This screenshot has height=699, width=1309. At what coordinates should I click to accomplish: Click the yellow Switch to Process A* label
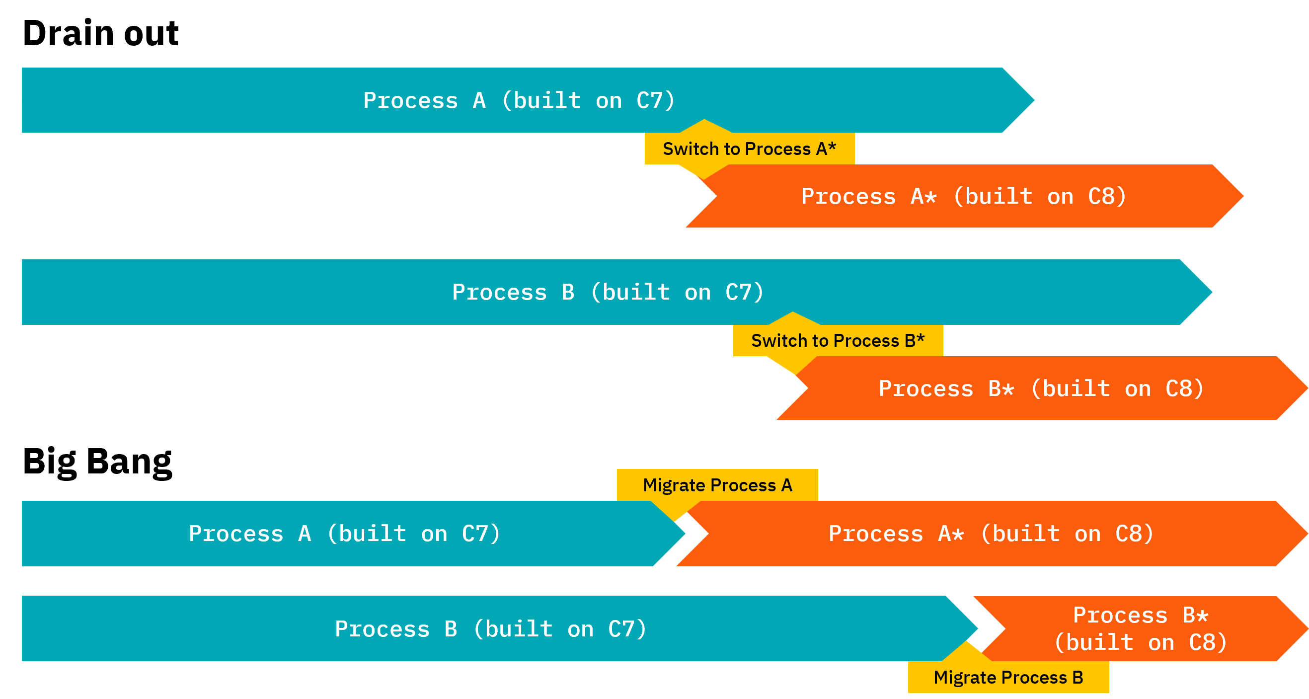tap(749, 149)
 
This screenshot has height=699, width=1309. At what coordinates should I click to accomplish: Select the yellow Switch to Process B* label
tap(838, 340)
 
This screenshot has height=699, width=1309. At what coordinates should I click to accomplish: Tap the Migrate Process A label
tap(717, 485)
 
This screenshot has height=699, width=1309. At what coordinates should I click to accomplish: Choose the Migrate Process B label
tap(1008, 677)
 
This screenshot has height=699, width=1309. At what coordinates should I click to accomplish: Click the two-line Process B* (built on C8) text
tap(1140, 629)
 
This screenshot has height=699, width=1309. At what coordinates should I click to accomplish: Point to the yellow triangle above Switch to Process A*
tap(704, 127)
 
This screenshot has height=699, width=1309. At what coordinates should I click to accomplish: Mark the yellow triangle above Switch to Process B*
tap(793, 319)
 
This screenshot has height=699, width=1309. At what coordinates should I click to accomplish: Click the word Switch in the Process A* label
tap(686, 149)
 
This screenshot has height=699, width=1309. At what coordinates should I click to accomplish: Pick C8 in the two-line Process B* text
tap(1208, 642)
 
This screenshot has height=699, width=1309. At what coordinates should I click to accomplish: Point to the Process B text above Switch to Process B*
tap(513, 292)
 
